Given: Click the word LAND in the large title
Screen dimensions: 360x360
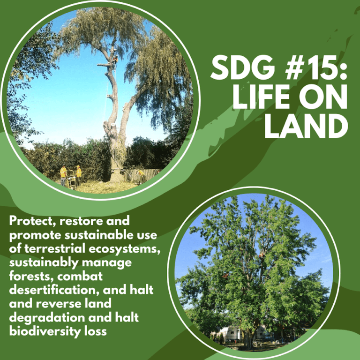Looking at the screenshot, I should (x=305, y=127).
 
